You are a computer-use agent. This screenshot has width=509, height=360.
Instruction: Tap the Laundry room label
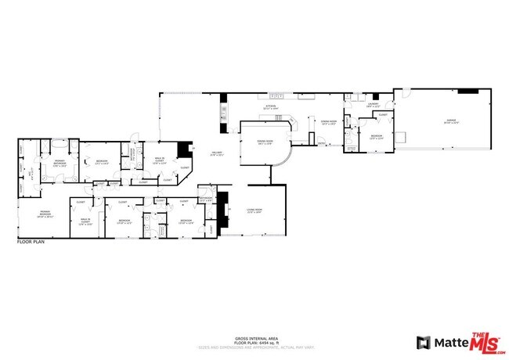374,105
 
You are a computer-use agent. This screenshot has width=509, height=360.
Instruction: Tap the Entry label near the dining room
322,143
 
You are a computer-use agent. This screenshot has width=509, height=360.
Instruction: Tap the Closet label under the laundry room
382,114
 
